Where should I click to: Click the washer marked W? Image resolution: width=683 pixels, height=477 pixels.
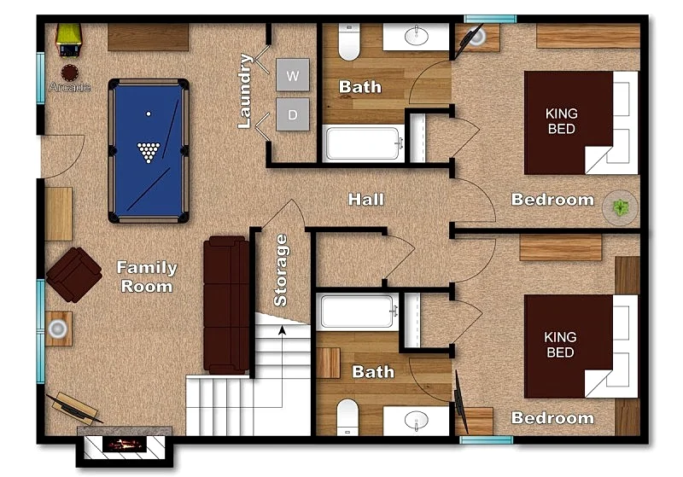tap(293, 75)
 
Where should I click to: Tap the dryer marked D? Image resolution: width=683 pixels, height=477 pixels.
tap(293, 114)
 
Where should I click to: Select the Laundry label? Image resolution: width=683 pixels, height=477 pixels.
tap(245, 91)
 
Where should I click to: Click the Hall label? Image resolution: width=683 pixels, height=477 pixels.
tap(366, 200)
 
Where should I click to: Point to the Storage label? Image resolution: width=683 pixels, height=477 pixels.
tap(281, 270)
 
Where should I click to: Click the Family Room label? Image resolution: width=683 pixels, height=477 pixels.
tap(147, 276)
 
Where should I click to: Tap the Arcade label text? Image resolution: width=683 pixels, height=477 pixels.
tap(70, 87)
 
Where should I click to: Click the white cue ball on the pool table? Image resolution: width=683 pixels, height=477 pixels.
tap(149, 113)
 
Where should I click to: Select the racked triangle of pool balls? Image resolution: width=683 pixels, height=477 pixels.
tap(149, 152)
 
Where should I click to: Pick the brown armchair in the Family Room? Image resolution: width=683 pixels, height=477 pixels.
tap(74, 275)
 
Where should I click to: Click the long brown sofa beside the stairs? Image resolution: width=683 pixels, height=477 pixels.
tap(226, 305)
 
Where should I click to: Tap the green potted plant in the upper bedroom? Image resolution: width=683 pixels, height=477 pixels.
tap(621, 207)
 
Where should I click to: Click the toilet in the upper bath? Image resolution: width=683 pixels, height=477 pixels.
tap(349, 42)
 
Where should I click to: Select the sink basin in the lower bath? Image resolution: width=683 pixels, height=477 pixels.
tap(417, 420)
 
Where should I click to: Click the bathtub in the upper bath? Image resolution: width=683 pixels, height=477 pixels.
tap(363, 143)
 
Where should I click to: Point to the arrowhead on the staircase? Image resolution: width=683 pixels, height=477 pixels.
tap(283, 330)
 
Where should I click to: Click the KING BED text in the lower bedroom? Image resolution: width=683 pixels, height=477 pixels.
tap(560, 344)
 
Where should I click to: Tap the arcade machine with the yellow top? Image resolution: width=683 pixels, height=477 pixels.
tap(69, 39)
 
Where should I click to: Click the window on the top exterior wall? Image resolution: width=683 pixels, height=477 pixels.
tap(490, 19)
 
